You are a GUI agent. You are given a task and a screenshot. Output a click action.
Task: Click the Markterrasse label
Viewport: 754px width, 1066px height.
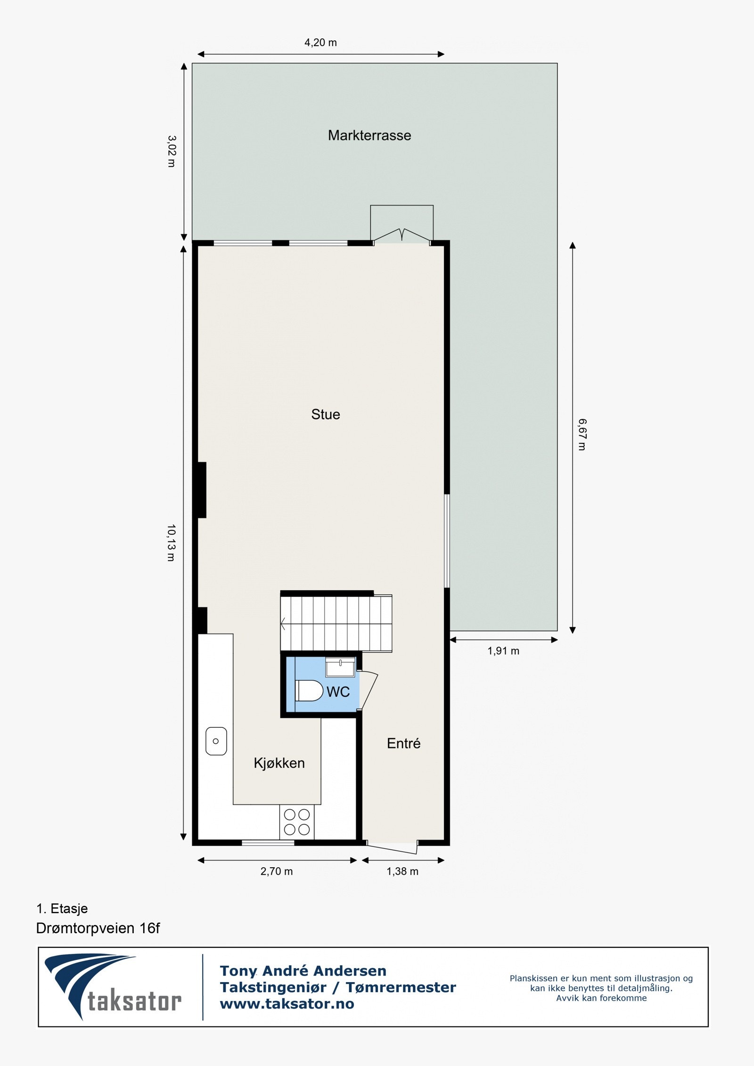(x=369, y=136)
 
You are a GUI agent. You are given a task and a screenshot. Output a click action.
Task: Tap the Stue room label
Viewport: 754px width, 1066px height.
(x=325, y=415)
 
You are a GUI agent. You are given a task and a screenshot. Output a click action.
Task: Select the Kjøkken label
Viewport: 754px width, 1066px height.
(x=279, y=763)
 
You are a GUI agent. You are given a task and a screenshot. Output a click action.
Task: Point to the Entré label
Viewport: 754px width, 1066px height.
(x=403, y=743)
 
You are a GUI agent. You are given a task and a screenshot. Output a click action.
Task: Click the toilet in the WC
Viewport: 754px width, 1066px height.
(x=309, y=691)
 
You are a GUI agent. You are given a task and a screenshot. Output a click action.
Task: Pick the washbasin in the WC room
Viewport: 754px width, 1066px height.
(x=340, y=667)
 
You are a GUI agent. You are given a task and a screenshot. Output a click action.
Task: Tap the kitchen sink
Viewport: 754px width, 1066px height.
(x=216, y=741)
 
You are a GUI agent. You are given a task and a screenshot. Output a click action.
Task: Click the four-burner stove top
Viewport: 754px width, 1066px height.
(x=297, y=822)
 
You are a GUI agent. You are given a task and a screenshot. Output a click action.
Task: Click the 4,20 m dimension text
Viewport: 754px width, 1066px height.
(x=320, y=43)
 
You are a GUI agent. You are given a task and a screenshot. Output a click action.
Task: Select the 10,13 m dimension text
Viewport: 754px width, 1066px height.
(x=171, y=543)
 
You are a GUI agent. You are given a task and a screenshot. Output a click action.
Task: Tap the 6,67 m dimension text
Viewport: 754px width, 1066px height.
(x=582, y=434)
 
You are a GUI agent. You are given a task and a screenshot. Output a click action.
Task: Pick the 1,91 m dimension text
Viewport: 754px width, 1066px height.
(x=503, y=651)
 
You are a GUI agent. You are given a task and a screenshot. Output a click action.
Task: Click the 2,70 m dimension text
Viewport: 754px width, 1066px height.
(x=277, y=871)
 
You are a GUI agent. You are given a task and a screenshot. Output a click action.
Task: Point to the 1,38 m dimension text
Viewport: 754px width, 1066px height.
(x=402, y=871)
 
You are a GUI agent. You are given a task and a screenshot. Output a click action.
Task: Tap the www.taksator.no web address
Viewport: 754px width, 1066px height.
(x=287, y=1004)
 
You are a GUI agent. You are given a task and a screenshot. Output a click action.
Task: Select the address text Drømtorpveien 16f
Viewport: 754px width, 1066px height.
(x=98, y=928)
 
